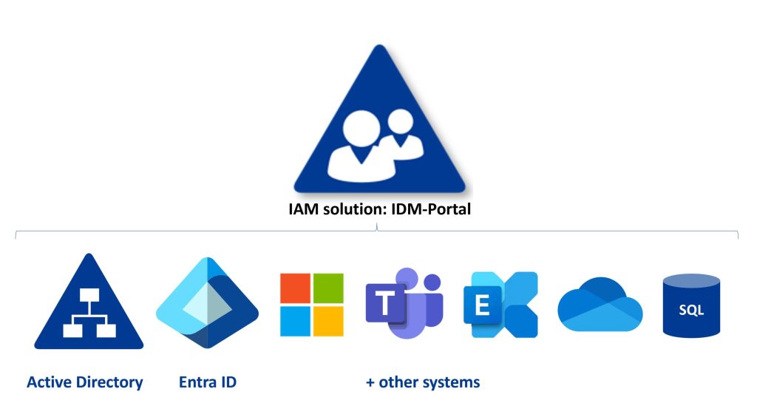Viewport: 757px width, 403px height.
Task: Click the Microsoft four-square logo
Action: pyautogui.click(x=312, y=305)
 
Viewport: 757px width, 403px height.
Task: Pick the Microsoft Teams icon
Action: pyautogui.click(x=404, y=304)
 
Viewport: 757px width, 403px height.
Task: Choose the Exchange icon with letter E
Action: pyautogui.click(x=500, y=305)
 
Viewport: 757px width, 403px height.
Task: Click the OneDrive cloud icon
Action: pyautogui.click(x=600, y=305)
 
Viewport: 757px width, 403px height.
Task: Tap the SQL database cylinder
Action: pyautogui.click(x=690, y=305)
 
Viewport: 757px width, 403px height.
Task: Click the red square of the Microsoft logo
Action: pyautogui.click(x=296, y=288)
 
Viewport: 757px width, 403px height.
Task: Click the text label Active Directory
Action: pyautogui.click(x=84, y=382)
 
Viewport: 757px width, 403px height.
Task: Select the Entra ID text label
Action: pyautogui.click(x=208, y=382)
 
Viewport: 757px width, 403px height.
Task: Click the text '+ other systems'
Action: pyautogui.click(x=423, y=382)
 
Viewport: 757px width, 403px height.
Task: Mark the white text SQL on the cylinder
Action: pyautogui.click(x=691, y=311)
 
